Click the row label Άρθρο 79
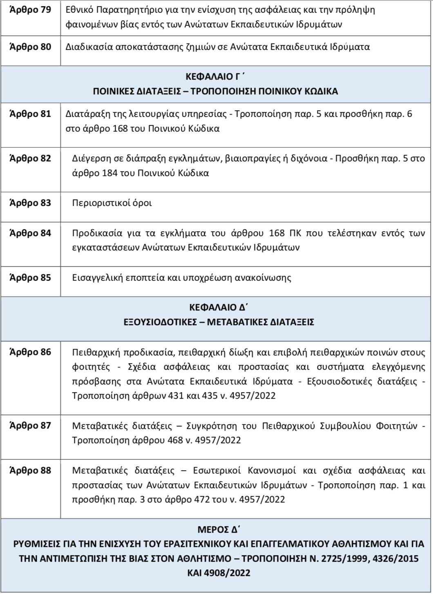coord(30,10)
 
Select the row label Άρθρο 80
coord(30,47)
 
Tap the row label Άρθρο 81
coord(30,114)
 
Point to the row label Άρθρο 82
coord(30,159)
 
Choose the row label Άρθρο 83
coord(30,203)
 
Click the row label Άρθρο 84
coord(30,233)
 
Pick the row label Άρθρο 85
coord(30,278)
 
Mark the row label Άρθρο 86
coord(30,352)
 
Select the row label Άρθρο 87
coord(30,426)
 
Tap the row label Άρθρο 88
coord(30,470)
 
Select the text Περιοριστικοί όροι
coord(112,203)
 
